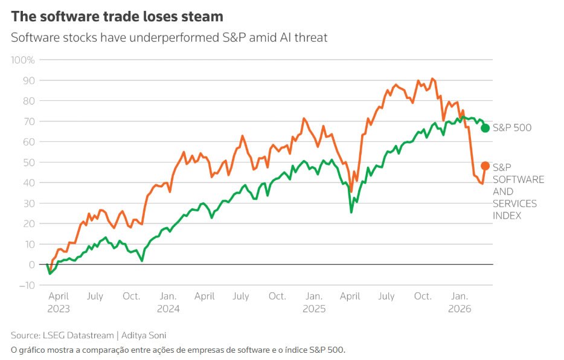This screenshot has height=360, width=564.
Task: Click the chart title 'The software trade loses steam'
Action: [117, 16]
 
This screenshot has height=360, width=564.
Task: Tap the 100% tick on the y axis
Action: [23, 60]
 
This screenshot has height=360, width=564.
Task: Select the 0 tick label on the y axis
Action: [31, 265]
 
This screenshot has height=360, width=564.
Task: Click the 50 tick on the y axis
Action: [29, 162]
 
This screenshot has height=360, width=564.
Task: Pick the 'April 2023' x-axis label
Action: [59, 302]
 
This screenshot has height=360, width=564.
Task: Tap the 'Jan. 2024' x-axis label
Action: [168, 302]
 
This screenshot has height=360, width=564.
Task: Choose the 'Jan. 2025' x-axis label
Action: [314, 302]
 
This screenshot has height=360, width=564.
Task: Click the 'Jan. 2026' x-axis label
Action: [460, 302]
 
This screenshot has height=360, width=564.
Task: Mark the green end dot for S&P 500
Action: [485, 128]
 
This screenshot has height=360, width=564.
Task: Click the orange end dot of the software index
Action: [485, 166]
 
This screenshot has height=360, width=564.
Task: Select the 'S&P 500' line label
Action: [512, 128]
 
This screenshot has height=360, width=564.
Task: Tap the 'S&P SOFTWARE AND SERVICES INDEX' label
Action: [518, 191]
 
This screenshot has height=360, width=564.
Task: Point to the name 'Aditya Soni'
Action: [146, 335]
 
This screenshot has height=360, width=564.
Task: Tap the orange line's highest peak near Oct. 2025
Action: [432, 79]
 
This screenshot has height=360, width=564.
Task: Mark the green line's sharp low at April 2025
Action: [351, 212]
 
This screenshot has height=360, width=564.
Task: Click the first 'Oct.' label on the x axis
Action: [131, 297]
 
